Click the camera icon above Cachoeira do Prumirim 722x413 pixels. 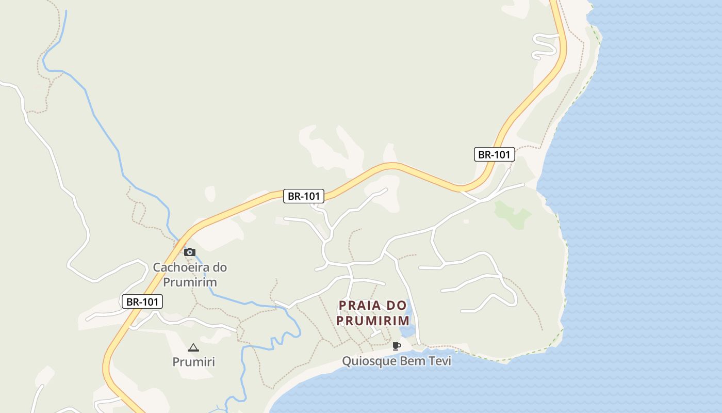190,252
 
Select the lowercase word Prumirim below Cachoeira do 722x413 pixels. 190,282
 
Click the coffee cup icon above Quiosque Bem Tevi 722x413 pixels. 396,346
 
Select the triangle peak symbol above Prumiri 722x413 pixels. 193,348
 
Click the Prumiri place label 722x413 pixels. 193,362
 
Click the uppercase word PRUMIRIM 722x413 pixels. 373,321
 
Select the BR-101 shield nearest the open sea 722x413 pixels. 494,154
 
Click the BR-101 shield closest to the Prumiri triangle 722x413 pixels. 142,302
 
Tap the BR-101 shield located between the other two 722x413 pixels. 304,196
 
